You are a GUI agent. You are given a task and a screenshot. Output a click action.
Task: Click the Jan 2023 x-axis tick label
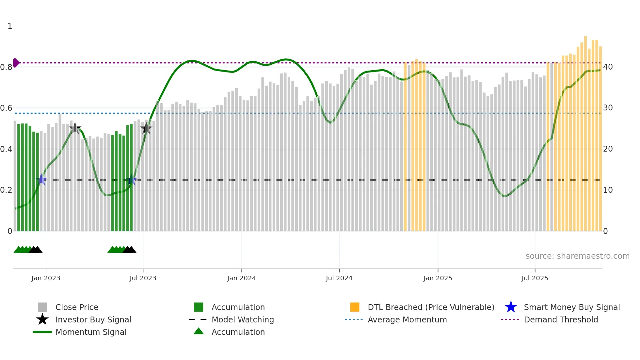click(46, 278)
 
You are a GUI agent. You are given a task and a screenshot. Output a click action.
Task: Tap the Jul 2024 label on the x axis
click(339, 278)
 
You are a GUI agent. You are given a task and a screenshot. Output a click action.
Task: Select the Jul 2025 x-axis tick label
click(535, 278)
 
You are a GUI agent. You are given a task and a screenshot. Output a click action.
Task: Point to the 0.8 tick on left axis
click(6, 67)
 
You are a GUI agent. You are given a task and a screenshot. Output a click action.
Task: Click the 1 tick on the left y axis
click(10, 26)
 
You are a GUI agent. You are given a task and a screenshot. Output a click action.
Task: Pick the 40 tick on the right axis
click(608, 67)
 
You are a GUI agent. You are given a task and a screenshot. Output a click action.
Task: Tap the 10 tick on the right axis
click(608, 190)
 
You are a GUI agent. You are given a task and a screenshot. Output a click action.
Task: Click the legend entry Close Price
click(77, 307)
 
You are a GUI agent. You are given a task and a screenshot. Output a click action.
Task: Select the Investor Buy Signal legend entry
click(93, 319)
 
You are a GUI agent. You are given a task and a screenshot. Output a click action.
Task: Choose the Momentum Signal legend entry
click(91, 332)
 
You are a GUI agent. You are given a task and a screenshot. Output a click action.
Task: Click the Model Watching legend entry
click(243, 319)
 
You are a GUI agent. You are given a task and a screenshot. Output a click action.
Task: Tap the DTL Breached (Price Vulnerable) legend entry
click(431, 307)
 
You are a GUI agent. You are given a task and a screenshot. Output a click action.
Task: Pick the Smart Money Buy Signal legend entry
click(571, 307)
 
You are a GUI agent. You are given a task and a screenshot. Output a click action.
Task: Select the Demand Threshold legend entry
click(561, 319)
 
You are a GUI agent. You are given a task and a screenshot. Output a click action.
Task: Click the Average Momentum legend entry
click(407, 319)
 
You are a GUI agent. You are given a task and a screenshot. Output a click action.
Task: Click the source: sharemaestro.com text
click(577, 256)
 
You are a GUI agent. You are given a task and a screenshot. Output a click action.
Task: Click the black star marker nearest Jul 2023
click(146, 128)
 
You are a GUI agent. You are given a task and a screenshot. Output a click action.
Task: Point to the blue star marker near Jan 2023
click(41, 179)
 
